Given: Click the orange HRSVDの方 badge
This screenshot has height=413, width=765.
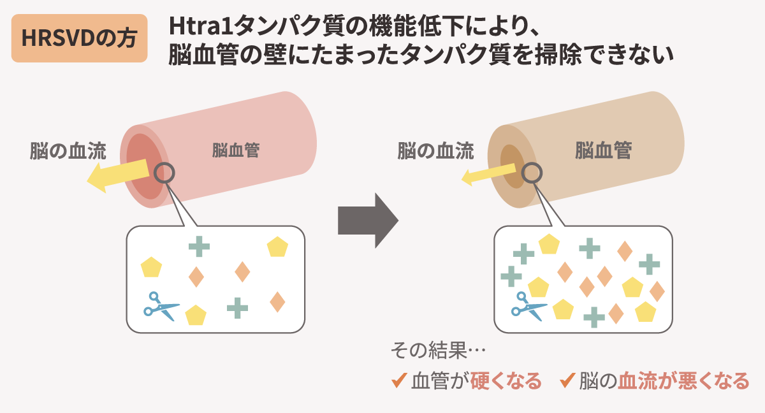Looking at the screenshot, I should tap(79, 39).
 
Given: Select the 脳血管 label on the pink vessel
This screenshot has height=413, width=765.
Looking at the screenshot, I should tap(235, 150).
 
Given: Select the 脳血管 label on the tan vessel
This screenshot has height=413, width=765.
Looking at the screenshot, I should tap(603, 150).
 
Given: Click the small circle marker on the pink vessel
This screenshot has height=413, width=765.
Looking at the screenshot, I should tap(164, 171).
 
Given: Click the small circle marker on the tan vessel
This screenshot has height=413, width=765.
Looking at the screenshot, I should tap(532, 171).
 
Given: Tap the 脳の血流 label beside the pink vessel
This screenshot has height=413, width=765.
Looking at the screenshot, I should tap(68, 150).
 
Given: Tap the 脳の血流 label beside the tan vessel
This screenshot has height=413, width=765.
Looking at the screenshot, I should tap(435, 150).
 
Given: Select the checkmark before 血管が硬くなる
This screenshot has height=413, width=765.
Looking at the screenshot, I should tap(399, 381).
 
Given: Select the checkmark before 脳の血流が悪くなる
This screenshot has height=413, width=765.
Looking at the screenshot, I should tap(567, 381).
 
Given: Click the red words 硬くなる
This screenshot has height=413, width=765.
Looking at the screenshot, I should tap(506, 381).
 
